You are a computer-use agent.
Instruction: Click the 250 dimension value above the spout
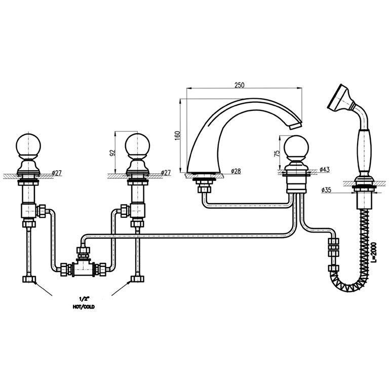[x=240, y=85]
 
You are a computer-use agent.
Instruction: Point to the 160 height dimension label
[x=178, y=136]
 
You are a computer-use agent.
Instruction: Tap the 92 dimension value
[x=112, y=152]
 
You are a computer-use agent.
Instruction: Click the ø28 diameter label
[x=236, y=171]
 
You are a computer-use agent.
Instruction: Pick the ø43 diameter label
[x=325, y=170]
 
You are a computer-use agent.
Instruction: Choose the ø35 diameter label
[x=326, y=190]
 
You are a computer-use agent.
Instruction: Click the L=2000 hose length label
[x=374, y=252]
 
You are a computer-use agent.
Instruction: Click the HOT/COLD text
[x=84, y=307]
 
